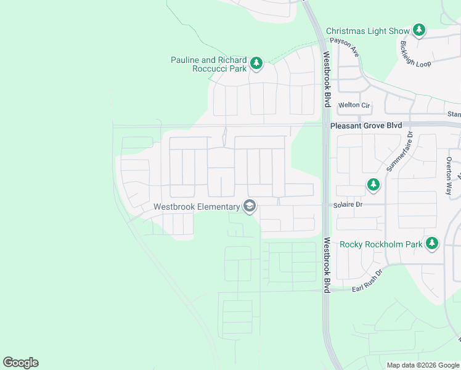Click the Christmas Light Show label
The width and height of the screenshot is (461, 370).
[367, 31]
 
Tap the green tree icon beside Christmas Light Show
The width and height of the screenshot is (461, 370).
[419, 30]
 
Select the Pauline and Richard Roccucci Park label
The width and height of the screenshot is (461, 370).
[209, 64]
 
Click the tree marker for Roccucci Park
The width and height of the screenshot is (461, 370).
[256, 63]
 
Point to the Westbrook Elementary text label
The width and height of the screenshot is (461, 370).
[197, 207]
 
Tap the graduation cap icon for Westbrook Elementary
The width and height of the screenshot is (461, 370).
[250, 206]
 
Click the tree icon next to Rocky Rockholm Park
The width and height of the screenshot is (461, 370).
[432, 244]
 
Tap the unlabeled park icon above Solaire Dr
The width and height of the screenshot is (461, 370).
[373, 184]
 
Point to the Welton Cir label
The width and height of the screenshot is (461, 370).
[354, 105]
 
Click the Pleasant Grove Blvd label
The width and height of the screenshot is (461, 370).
[366, 126]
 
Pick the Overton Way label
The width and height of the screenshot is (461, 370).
[449, 176]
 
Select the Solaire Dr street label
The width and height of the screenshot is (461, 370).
[346, 204]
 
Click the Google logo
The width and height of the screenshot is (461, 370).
[20, 363]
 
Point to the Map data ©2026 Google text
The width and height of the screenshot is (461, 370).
[422, 366]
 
